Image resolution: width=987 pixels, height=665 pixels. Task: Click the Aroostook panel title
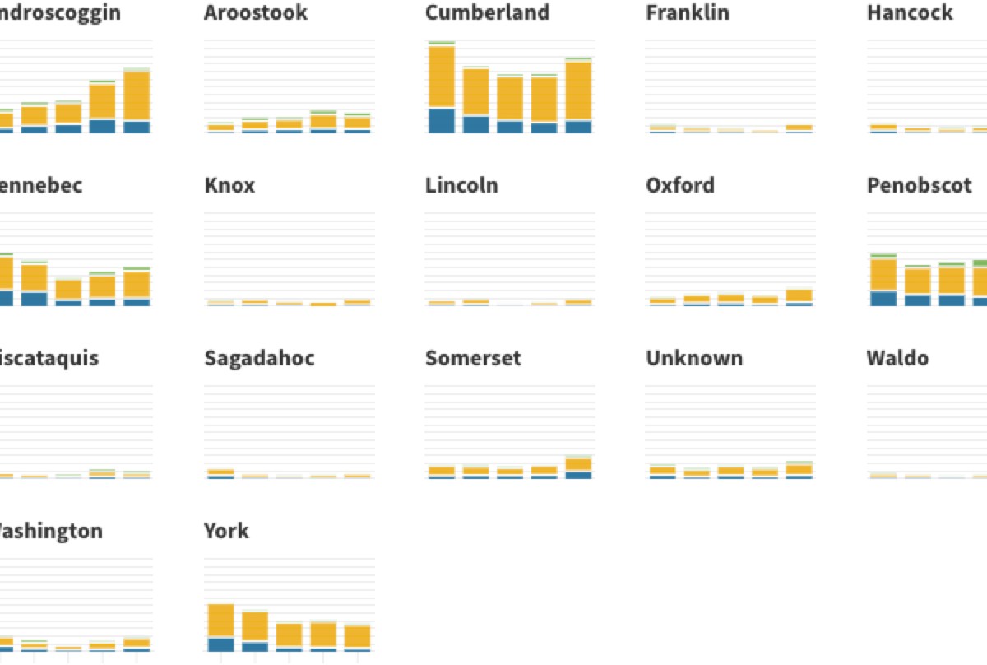pyautogui.click(x=256, y=12)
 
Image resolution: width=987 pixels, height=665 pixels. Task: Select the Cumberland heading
pyautogui.click(x=487, y=12)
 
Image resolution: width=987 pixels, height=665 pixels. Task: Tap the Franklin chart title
pyautogui.click(x=687, y=12)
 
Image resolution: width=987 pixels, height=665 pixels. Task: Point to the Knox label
pyautogui.click(x=229, y=185)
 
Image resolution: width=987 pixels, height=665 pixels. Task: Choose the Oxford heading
pyautogui.click(x=680, y=185)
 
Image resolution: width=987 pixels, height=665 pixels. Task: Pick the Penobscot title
pyautogui.click(x=920, y=185)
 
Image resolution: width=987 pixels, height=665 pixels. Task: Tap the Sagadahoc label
pyautogui.click(x=259, y=358)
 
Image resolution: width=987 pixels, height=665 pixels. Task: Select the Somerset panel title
pyautogui.click(x=473, y=358)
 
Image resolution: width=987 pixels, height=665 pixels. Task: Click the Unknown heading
pyautogui.click(x=694, y=358)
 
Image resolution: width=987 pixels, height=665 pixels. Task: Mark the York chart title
pyautogui.click(x=226, y=531)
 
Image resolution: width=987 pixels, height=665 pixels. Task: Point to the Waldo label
pyautogui.click(x=897, y=358)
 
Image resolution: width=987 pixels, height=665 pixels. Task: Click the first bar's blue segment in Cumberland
pyautogui.click(x=442, y=120)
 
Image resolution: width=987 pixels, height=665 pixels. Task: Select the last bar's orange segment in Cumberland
pyautogui.click(x=578, y=91)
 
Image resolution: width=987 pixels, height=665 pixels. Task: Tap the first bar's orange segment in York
pyautogui.click(x=220, y=621)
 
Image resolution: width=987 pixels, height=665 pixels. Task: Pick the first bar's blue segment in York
pyautogui.click(x=220, y=644)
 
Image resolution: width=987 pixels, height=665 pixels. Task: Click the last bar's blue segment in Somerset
pyautogui.click(x=578, y=475)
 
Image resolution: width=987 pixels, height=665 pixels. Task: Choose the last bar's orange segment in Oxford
pyautogui.click(x=799, y=295)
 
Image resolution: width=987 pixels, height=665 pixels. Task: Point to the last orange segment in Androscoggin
pyautogui.click(x=137, y=96)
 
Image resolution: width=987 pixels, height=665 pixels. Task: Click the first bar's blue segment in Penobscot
pyautogui.click(x=883, y=298)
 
